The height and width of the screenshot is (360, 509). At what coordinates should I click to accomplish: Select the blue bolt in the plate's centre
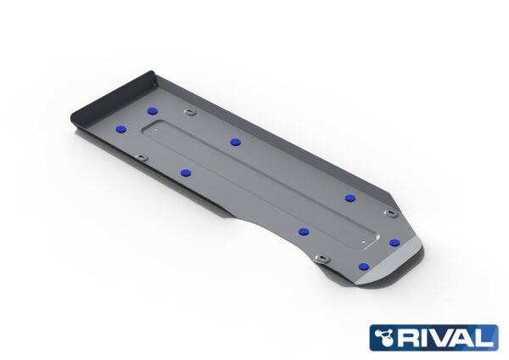pyautogui.click(x=232, y=141)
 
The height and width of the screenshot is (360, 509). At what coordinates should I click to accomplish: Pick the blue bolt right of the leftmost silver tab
pyautogui.click(x=186, y=172)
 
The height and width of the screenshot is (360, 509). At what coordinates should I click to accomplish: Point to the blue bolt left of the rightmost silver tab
pyautogui.click(x=350, y=197)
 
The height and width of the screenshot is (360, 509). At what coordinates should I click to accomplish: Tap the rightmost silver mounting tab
pyautogui.click(x=389, y=213)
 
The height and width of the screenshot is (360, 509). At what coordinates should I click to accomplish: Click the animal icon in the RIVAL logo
pyautogui.click(x=388, y=337)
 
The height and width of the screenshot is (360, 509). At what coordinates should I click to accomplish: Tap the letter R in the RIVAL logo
pyautogui.click(x=412, y=337)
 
